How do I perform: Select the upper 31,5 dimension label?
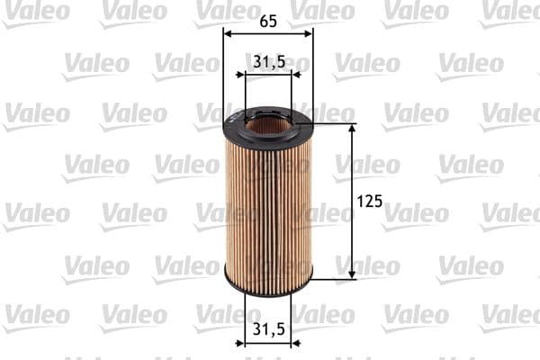coord(268,62)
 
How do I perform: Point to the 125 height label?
coord(370,202)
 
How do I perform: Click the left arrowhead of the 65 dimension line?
coord(227,33)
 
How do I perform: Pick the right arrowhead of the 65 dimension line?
coord(309,33)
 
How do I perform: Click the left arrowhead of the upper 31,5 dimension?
coord(249,76)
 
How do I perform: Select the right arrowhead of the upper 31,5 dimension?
coord(287,76)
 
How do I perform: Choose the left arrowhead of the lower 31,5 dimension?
coord(249,342)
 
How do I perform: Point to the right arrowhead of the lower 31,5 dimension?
coord(287,342)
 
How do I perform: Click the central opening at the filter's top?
coord(267,122)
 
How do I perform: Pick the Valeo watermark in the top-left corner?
coord(36,11)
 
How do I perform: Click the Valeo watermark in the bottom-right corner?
coord(510,316)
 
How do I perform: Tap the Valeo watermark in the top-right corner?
coord(510,11)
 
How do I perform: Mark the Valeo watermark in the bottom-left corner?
coord(36,316)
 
